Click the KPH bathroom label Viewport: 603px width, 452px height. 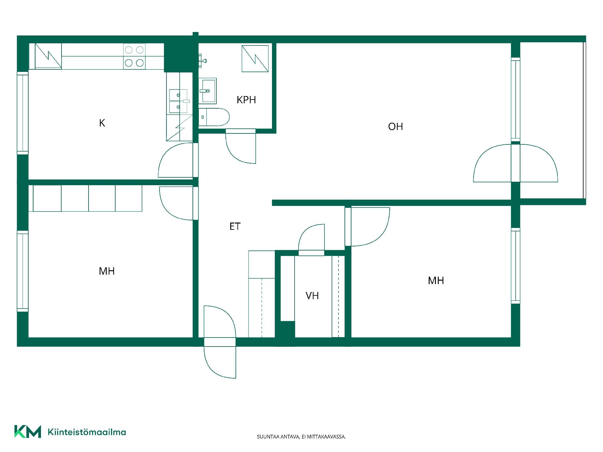246,100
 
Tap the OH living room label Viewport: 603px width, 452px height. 395,126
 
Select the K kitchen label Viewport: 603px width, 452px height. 102,123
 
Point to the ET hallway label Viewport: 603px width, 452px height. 235,226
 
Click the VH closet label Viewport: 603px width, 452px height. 312,296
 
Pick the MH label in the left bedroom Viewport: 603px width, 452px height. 107,271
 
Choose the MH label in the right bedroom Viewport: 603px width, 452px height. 436,281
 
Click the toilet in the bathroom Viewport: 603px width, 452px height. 214,117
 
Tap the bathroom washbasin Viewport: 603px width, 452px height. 208,91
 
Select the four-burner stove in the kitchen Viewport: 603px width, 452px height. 134,56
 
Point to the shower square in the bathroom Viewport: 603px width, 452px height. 255,59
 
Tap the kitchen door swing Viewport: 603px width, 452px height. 176,160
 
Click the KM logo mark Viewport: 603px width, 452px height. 28,432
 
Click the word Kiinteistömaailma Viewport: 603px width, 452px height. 87,432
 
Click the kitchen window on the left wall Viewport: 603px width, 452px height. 23,113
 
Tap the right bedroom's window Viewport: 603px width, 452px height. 516,266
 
